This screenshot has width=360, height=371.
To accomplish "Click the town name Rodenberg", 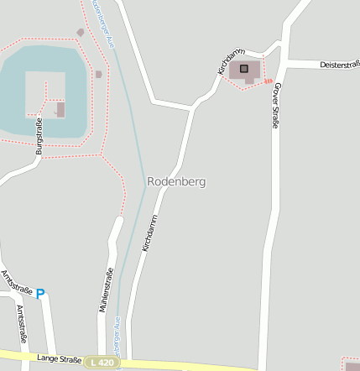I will pos(176,181).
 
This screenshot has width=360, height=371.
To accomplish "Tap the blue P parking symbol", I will pos(39,294).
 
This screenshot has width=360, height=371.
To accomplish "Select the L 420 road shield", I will pos(102,362).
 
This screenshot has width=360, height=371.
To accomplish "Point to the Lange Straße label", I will pos(59,358).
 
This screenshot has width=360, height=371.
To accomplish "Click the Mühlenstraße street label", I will pos(107,290).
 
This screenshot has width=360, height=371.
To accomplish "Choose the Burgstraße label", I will pos(39,136).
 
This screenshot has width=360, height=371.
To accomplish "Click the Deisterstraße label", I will pos(339,65).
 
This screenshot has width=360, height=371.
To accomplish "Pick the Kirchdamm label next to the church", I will pos(230,61).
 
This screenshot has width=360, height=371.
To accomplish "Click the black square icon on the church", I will pos(244,68).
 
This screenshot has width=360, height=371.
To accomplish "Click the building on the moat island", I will pos(60,109).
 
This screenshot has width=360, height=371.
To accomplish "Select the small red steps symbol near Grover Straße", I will pos(269,81).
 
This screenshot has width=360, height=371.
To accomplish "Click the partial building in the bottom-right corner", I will pos(353,366).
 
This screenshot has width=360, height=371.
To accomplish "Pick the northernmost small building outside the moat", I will pos(81,33).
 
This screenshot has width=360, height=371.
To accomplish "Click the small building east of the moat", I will pos(99,74).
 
